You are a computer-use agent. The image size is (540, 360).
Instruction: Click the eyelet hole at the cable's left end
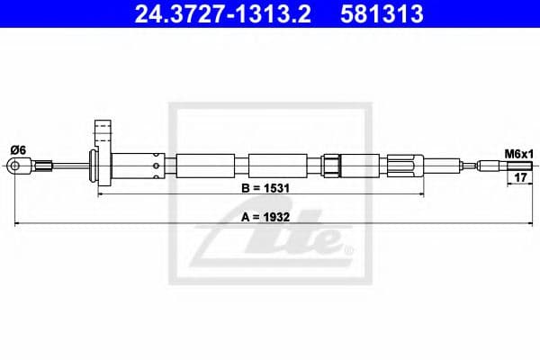(x=14, y=166)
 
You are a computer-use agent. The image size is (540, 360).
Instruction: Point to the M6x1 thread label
(x=517, y=154)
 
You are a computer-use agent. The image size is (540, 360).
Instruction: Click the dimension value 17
(x=519, y=178)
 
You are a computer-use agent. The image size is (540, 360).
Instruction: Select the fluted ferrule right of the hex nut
(x=400, y=166)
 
